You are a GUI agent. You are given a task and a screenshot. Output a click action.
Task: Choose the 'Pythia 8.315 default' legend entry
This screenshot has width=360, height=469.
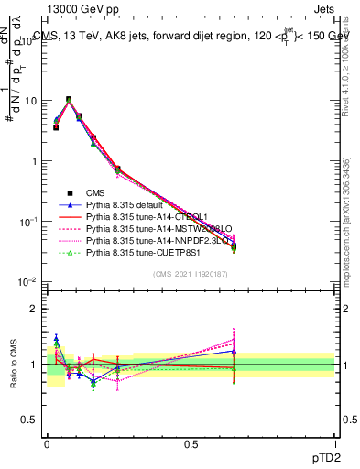[130, 205]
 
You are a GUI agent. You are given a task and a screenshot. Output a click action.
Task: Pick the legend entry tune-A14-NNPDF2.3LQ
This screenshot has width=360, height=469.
[157, 241]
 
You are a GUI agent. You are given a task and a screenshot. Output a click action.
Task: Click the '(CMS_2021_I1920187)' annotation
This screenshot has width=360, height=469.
[190, 274]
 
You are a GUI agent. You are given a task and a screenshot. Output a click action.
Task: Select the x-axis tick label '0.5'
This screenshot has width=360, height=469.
[191, 442]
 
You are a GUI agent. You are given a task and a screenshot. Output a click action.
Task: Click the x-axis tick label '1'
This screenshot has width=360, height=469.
[335, 442]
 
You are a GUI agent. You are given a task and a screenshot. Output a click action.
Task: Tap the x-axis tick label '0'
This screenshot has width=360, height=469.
[47, 442]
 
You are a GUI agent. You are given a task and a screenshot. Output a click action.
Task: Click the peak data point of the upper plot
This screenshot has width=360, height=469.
[69, 99]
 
